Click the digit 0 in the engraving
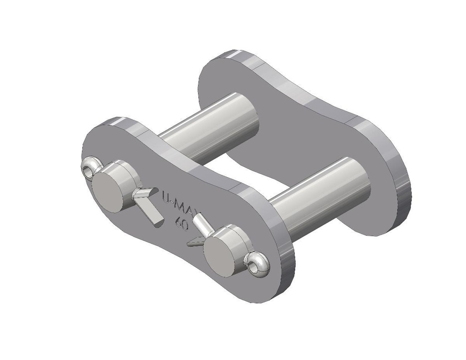point(183,226)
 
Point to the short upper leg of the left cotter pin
point(141,193)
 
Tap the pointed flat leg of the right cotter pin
point(194,241)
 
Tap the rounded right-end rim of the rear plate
point(400,191)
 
